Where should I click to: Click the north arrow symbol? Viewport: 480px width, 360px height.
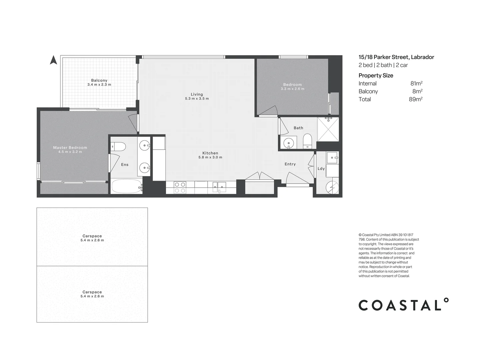tap(53, 60)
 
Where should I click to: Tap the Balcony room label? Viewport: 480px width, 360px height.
tap(99, 80)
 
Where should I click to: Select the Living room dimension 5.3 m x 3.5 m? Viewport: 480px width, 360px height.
tap(197, 99)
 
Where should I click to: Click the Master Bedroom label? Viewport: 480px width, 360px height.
tap(70, 148)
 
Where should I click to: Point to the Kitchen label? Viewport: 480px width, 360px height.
tap(210, 153)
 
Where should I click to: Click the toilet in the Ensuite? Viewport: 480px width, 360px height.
tap(118, 146)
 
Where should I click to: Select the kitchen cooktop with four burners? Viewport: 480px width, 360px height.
tap(180, 187)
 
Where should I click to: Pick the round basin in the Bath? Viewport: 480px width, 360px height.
tap(288, 143)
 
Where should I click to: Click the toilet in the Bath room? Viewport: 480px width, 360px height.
tap(307, 141)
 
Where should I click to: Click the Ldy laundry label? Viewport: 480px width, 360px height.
tap(321, 169)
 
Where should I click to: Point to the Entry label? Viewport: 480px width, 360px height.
tap(290, 164)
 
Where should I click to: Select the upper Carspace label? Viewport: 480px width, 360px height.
tap(92, 236)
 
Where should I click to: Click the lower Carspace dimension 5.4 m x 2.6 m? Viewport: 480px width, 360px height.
tap(92, 296)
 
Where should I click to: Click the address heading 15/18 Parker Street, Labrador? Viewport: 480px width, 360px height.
tap(396, 57)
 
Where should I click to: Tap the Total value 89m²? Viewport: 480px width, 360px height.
tap(416, 99)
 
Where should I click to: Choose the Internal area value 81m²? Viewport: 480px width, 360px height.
tap(416, 84)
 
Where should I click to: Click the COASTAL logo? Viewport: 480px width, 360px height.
tap(403, 305)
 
